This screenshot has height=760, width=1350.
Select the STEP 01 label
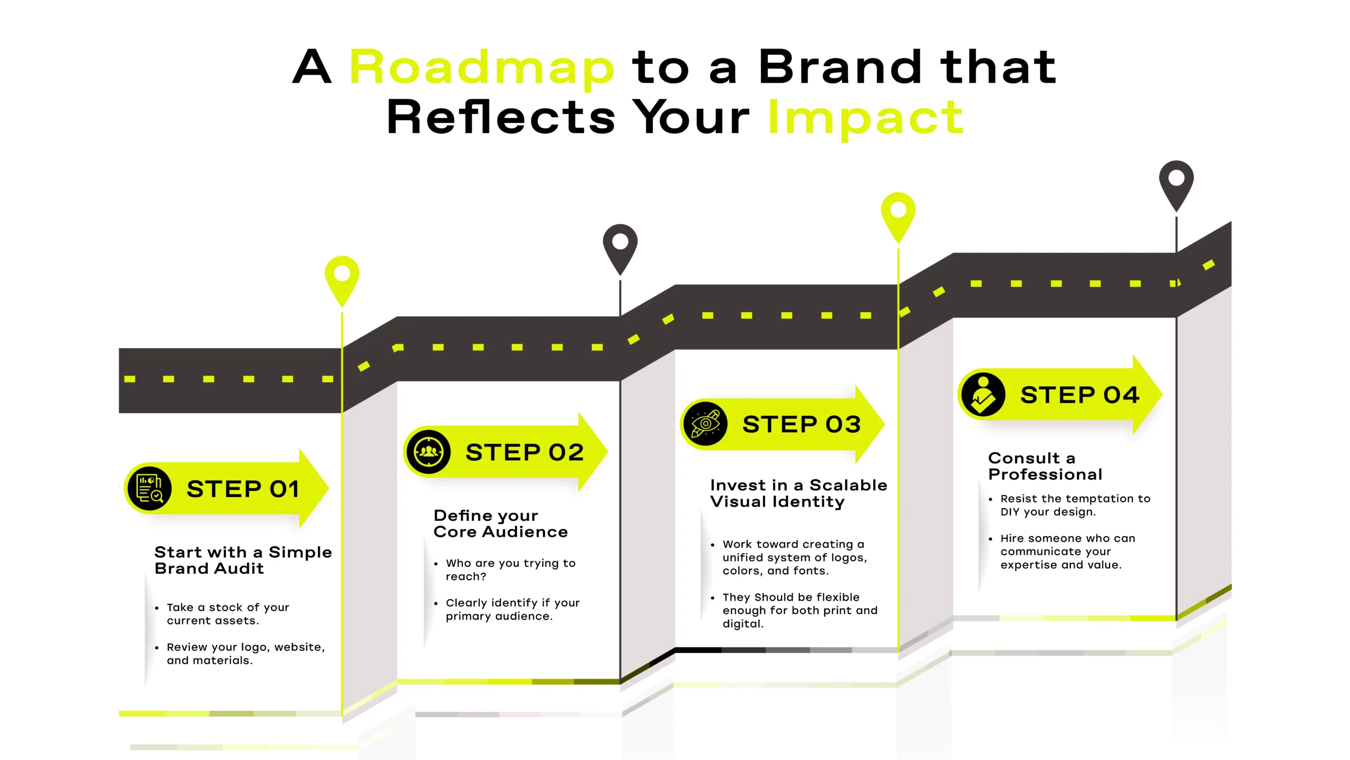[243, 489]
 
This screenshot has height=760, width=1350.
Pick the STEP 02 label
[525, 452]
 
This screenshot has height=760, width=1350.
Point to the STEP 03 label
[802, 424]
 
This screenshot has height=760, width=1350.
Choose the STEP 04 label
[1080, 395]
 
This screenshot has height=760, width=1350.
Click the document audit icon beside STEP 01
[150, 489]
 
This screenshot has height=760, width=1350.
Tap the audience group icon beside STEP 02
[429, 452]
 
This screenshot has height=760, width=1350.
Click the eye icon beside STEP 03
[706, 424]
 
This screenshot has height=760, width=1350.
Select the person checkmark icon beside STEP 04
[983, 395]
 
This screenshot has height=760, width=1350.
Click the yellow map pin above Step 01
[342, 280]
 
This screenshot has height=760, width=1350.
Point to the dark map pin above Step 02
[620, 249]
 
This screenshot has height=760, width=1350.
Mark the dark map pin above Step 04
[1177, 185]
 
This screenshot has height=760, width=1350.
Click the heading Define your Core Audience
[500, 524]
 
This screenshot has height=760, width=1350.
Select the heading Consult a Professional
[1045, 467]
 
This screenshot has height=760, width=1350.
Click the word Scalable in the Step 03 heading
[848, 485]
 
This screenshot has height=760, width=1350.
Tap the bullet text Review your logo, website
[246, 647]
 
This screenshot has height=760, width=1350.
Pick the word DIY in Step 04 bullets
[1010, 512]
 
